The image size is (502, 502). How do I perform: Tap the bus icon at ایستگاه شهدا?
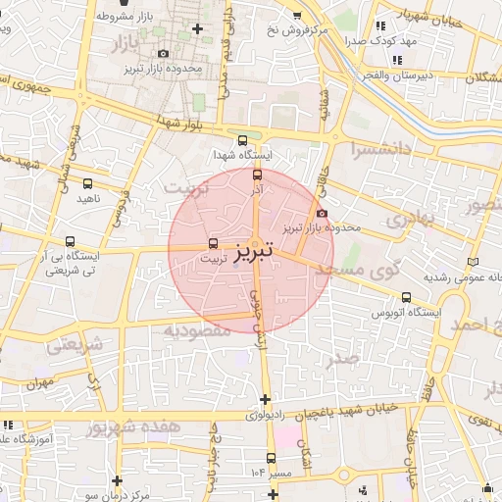(243, 140)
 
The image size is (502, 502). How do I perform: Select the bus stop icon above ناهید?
(87, 182)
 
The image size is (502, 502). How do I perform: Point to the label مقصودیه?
(196, 330)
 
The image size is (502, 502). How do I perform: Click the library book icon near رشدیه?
(476, 262)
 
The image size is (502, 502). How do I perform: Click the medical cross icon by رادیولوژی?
(265, 398)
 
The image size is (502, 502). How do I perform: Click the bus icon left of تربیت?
(213, 244)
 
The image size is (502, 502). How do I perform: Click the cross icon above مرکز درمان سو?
(118, 480)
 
